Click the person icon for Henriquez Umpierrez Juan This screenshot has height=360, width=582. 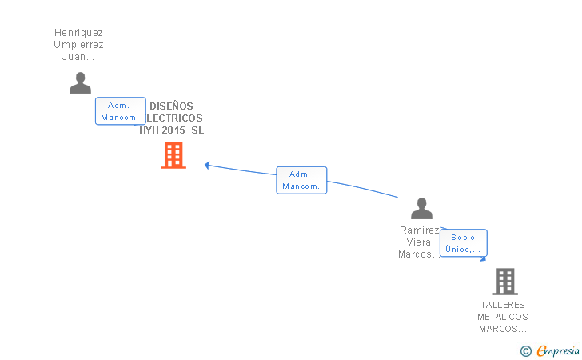pyautogui.click(x=80, y=83)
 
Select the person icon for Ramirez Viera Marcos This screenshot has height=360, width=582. pyautogui.click(x=421, y=209)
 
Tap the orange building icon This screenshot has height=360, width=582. pyautogui.click(x=173, y=155)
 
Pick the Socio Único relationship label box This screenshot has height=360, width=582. pyautogui.click(x=463, y=243)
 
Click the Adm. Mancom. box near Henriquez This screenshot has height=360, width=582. pyautogui.click(x=120, y=111)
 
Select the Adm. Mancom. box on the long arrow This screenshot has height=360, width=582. pyautogui.click(x=301, y=180)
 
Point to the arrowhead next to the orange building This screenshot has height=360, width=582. pyautogui.click(x=207, y=165)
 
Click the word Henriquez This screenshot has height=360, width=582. pyautogui.click(x=78, y=33)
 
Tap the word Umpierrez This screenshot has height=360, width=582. pyautogui.click(x=78, y=45)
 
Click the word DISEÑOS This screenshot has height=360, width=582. pyautogui.click(x=171, y=106)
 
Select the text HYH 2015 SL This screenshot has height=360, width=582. pyautogui.click(x=171, y=130)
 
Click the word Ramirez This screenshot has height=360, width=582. pyautogui.click(x=420, y=230)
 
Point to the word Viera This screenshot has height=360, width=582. pyautogui.click(x=420, y=242)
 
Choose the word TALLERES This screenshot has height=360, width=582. pyautogui.click(x=503, y=305)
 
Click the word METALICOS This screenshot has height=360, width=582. pyautogui.click(x=503, y=317)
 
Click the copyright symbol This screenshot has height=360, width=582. pyautogui.click(x=525, y=350)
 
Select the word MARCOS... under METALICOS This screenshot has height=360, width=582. pyautogui.click(x=503, y=329)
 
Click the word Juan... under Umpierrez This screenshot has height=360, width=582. pyautogui.click(x=78, y=57)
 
